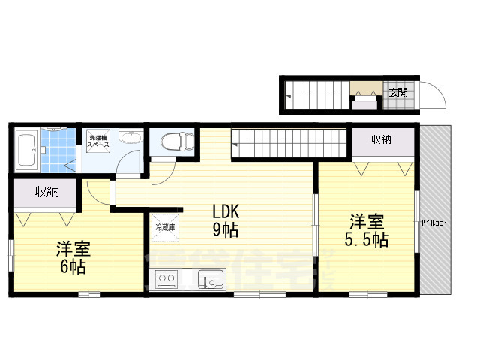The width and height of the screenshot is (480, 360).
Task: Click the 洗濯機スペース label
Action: pos(99,139)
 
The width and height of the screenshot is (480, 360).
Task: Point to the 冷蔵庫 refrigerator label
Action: pos(165,225)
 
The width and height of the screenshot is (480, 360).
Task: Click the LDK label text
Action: pos(225,211)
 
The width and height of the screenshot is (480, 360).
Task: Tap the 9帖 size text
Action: pos(225,230)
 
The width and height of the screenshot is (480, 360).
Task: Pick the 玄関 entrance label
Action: pos(398,92)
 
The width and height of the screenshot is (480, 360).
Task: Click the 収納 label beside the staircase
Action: pos(381,139)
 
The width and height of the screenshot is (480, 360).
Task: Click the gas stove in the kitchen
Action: pos(166,280)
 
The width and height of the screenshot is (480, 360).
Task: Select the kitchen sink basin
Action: pos(210,280)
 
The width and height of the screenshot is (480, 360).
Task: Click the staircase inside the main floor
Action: pos(289,140)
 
